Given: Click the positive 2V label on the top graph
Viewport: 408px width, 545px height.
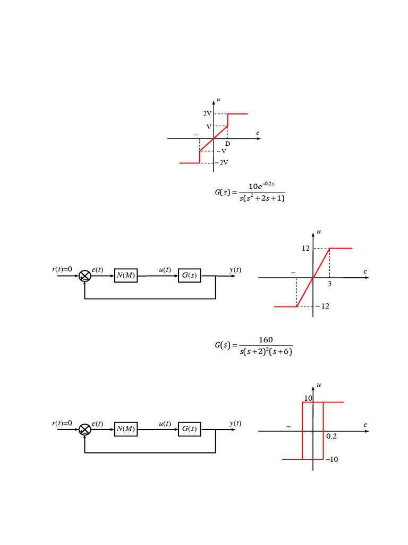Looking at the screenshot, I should point(207,114).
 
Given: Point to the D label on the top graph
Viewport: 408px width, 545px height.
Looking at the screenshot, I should point(227,144).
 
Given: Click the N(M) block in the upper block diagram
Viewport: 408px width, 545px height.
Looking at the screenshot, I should point(126,275).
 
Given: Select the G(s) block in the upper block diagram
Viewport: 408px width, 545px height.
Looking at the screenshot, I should point(189,275).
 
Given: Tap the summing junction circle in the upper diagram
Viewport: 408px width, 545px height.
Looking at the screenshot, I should point(85,276).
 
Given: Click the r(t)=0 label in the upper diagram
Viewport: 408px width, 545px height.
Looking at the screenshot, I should point(62,269).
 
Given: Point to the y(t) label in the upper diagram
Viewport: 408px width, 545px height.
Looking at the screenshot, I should point(235,270).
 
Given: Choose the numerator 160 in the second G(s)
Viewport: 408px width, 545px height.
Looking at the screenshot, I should point(266,340).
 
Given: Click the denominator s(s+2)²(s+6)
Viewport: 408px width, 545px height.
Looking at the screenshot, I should point(266,352).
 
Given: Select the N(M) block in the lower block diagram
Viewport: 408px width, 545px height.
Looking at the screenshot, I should point(126,429).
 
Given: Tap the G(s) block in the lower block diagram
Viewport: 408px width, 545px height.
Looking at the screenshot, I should point(189,429).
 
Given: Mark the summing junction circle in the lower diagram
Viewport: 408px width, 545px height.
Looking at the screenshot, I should point(85,430).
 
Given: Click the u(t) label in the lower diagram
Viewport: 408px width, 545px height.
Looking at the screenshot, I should point(165,424).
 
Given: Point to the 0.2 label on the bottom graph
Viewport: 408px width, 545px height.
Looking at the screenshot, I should point(331,436).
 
